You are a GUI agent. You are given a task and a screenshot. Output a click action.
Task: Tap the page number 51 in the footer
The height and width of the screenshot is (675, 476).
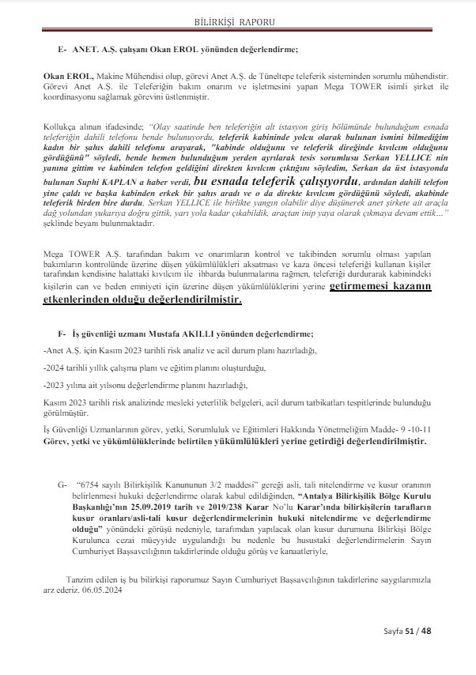point(411,631)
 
